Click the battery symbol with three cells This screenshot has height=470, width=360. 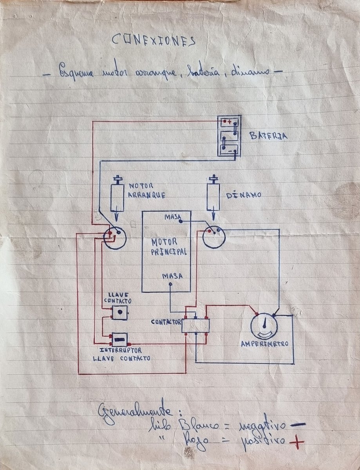tap(229, 136)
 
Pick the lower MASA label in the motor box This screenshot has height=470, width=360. tap(172, 276)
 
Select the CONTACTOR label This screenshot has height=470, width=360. tap(166, 322)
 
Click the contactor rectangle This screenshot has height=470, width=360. tap(195, 325)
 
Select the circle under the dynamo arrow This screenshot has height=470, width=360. tap(213, 237)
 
